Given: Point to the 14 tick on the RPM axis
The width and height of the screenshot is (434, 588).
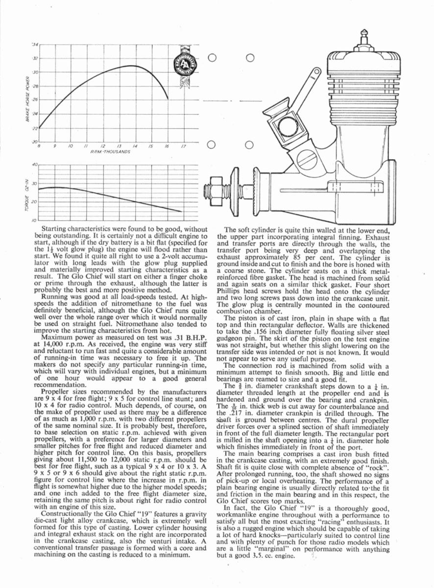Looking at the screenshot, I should click(134, 146).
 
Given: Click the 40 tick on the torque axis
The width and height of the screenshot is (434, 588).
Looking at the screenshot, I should click(35, 164).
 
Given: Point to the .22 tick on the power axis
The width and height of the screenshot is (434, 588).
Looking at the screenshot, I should click(34, 129).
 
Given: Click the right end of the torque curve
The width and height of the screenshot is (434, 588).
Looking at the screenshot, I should click(182, 212).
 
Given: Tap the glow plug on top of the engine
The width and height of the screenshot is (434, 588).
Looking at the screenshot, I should click(363, 37).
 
